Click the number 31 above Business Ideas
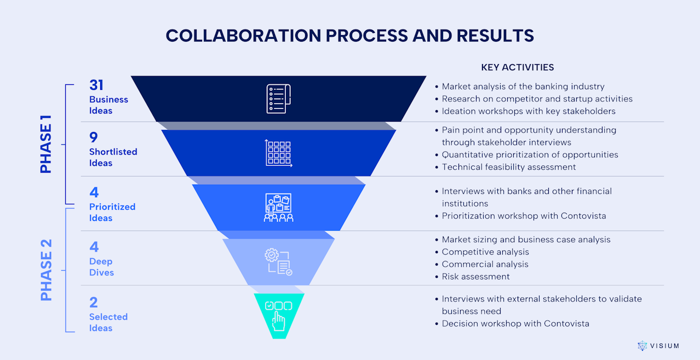pos(96,85)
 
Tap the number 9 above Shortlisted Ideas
pos(94,137)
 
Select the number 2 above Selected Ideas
pos(94,302)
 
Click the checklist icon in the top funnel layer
pos(278,99)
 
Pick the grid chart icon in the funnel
pos(278,153)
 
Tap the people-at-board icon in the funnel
pos(278,208)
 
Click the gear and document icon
pos(278,262)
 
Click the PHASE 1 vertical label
pos(46,144)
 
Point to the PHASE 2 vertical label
pos(46,270)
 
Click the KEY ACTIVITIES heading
pos(518,67)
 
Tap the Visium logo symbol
pos(642,346)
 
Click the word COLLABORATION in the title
pos(243,36)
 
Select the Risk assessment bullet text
pos(475,277)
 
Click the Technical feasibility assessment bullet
pos(509,167)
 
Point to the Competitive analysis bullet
pos(485,252)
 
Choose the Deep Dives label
pos(101,267)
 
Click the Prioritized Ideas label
pos(112,213)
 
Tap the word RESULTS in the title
pos(495,36)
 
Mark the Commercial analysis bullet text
pos(485,264)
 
